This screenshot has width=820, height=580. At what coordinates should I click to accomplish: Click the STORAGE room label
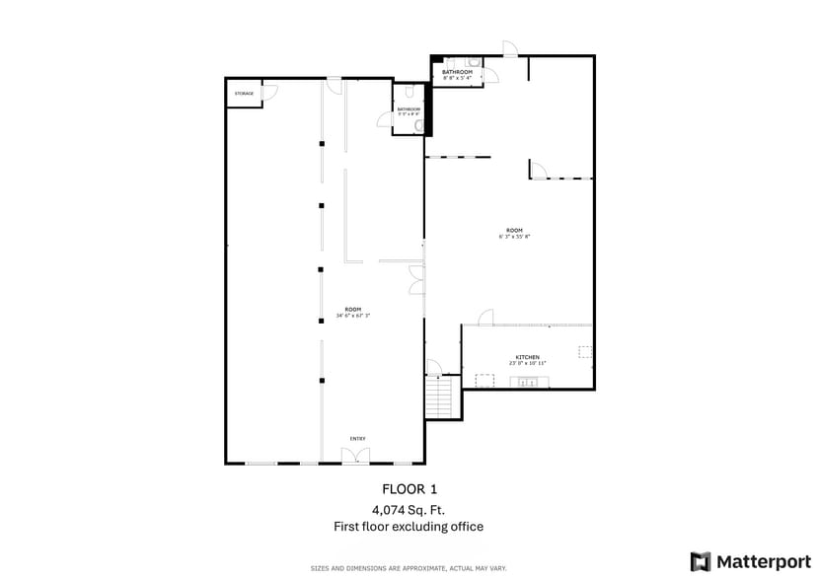244,94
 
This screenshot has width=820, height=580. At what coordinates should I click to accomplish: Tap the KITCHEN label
527,357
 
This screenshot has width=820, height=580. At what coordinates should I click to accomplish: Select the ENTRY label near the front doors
357,438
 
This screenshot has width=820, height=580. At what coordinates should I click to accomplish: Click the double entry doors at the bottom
355,455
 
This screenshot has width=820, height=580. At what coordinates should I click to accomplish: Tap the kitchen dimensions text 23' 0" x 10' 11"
527,364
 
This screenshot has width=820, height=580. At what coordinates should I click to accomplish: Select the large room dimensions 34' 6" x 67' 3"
353,316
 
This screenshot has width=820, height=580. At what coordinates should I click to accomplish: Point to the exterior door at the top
509,48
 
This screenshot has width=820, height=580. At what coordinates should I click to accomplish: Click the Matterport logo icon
701,561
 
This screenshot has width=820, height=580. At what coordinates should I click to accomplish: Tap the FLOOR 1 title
409,489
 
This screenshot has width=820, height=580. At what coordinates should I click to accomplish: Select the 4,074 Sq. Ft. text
409,510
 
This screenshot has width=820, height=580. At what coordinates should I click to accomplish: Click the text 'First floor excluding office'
409,527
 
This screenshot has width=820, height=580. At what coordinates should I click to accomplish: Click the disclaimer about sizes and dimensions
409,568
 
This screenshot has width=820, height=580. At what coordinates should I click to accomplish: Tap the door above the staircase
433,370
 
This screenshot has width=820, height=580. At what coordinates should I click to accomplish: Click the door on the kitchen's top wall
485,318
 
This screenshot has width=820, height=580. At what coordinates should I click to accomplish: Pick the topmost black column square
321,144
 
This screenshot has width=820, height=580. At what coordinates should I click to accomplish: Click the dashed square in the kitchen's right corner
584,351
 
